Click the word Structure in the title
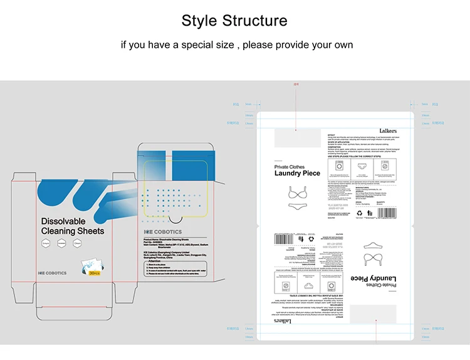tap(259, 21)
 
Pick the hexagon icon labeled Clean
tap(78, 243)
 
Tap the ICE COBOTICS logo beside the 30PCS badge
tap(52, 273)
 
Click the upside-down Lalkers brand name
tap(283, 320)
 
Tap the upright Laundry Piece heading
tap(297, 173)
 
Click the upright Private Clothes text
tap(290, 167)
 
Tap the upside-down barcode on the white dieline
tap(283, 238)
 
